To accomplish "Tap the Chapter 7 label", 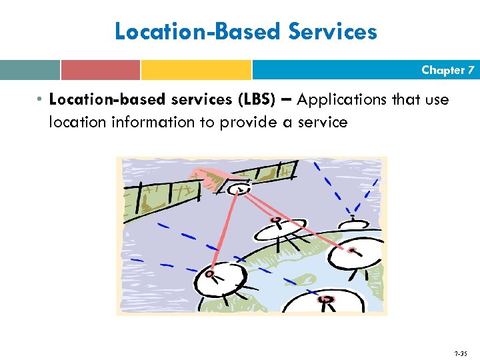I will tap(447, 70).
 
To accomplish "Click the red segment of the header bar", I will tap(100, 70).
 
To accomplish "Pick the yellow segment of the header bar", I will tap(196, 70).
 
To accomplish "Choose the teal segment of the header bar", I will tap(30, 70).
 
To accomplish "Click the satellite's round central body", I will tap(235, 189).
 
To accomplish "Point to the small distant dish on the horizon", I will tap(353, 223).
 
